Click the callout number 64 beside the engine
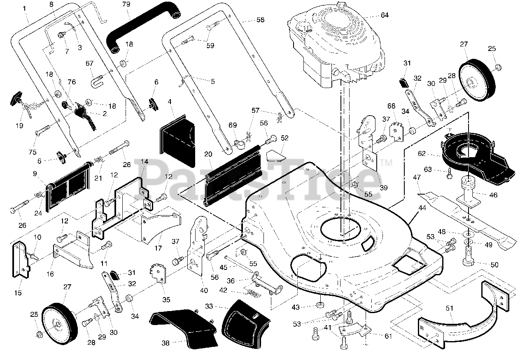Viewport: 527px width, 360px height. pyautogui.click(x=385, y=15)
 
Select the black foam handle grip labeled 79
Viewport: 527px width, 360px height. pyautogui.click(x=143, y=27)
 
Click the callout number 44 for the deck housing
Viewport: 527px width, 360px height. pyautogui.click(x=422, y=208)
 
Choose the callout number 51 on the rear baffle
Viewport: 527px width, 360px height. pyautogui.click(x=449, y=308)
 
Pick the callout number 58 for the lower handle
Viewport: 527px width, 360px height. pyautogui.click(x=260, y=20)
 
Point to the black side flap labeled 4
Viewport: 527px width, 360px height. pyautogui.click(x=177, y=141)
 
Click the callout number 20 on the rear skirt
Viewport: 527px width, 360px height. pyautogui.click(x=208, y=154)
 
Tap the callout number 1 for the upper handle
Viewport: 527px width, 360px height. pyautogui.click(x=24, y=9)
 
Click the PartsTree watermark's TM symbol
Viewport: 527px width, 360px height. pyautogui.click(x=386, y=163)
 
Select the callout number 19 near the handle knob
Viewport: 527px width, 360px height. pyautogui.click(x=19, y=125)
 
